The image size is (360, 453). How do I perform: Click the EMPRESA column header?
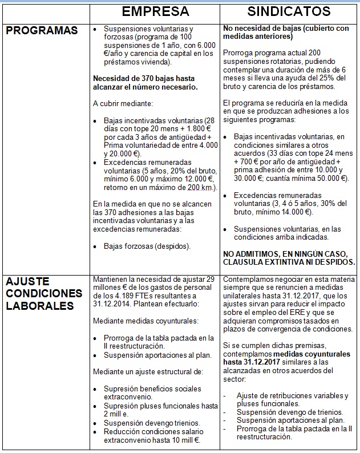point(155,11)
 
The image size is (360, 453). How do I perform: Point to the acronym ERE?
point(288,313)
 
